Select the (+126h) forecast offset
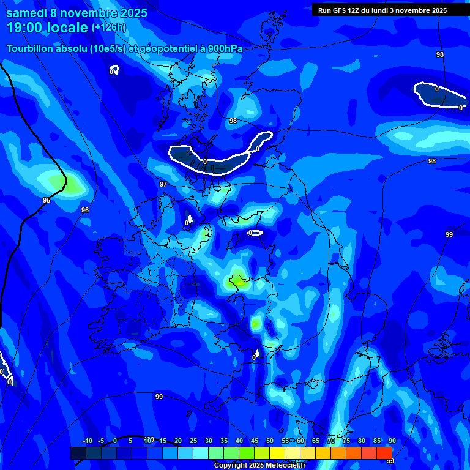pos(108,28)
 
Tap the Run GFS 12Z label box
pos(382,10)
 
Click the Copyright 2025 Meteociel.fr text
pos(259,465)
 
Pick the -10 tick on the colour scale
pos(87,441)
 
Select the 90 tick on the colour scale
pos(392,441)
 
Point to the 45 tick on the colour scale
pos(255,441)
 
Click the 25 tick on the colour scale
pos(193,441)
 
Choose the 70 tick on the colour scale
pos(331,441)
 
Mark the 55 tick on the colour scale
pos(285,441)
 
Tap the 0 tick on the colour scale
pos(115,441)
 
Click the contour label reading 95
pos(47,200)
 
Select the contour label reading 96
pos(85,210)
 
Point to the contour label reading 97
pos(163,184)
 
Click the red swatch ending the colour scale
pos(384,453)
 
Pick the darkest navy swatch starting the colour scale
pos(78,453)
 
